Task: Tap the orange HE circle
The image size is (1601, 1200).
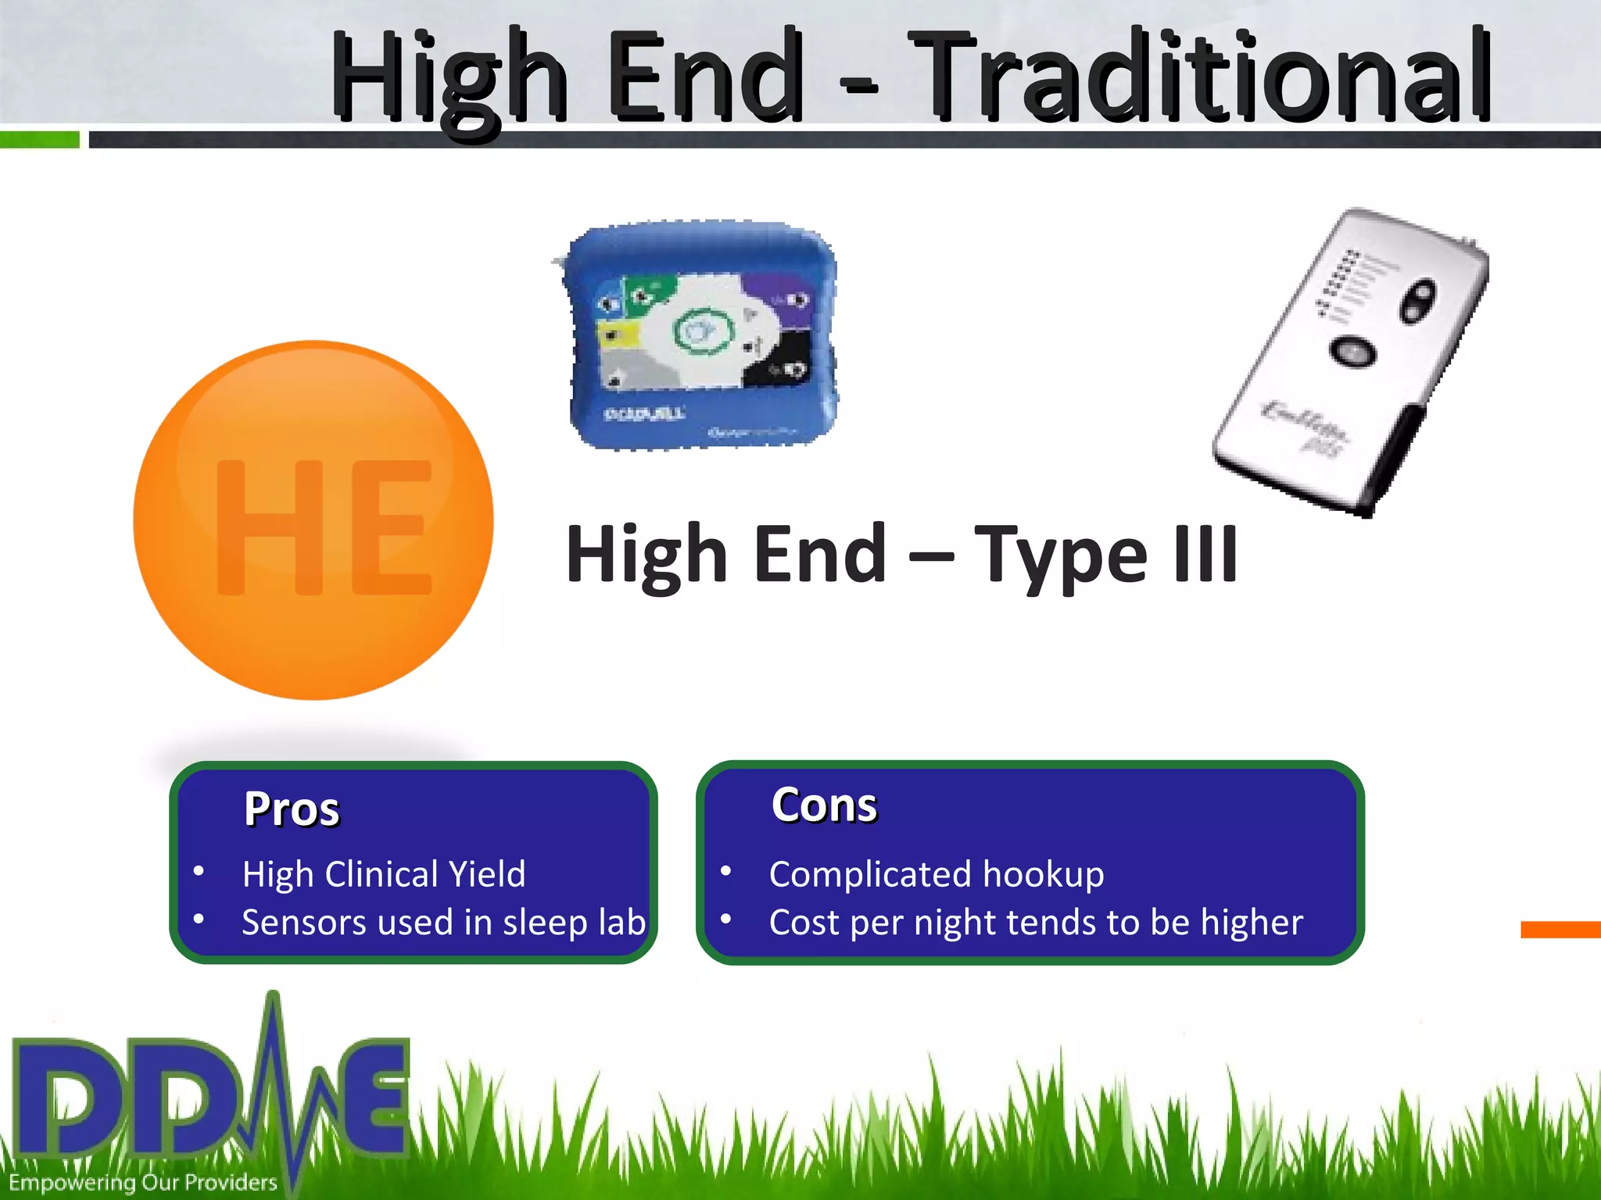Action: click(313, 520)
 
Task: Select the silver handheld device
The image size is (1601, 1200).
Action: click(1352, 359)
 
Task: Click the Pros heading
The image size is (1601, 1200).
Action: click(292, 809)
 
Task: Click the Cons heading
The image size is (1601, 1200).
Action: click(824, 805)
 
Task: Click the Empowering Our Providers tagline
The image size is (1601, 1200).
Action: click(143, 1182)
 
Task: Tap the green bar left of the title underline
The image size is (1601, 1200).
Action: click(39, 140)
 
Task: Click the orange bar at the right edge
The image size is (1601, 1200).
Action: click(1560, 929)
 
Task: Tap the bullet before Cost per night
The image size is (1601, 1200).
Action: click(726, 920)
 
